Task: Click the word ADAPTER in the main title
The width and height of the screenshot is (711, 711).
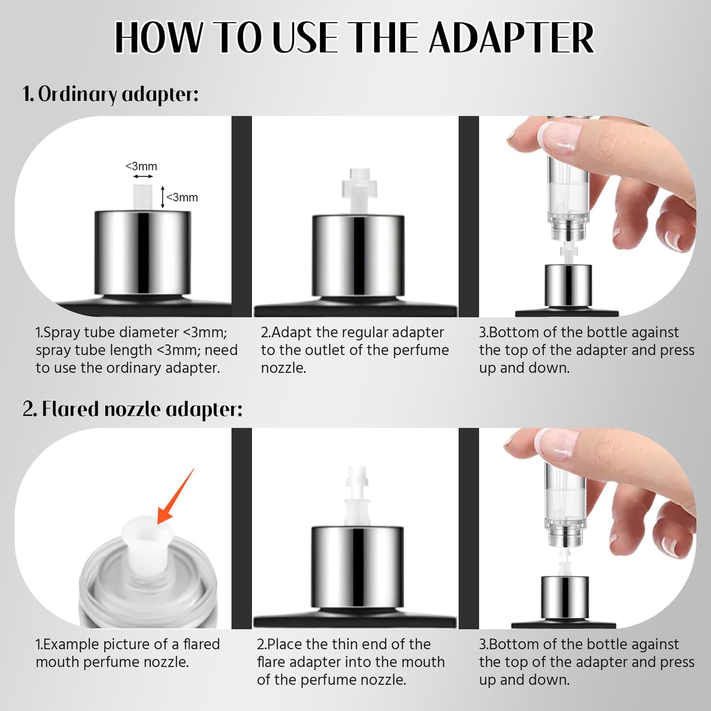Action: [512, 38]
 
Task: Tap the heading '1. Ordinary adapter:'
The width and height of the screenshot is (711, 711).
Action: [111, 94]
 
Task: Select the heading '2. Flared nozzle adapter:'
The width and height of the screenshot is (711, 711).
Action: [133, 409]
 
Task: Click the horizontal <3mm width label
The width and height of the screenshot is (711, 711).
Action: [141, 166]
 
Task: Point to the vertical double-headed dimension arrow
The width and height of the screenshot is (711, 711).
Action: [162, 197]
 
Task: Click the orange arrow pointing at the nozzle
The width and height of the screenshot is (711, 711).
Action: [175, 497]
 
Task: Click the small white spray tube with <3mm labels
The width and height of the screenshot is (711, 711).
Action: [143, 197]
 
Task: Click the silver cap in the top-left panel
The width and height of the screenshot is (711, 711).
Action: [143, 253]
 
